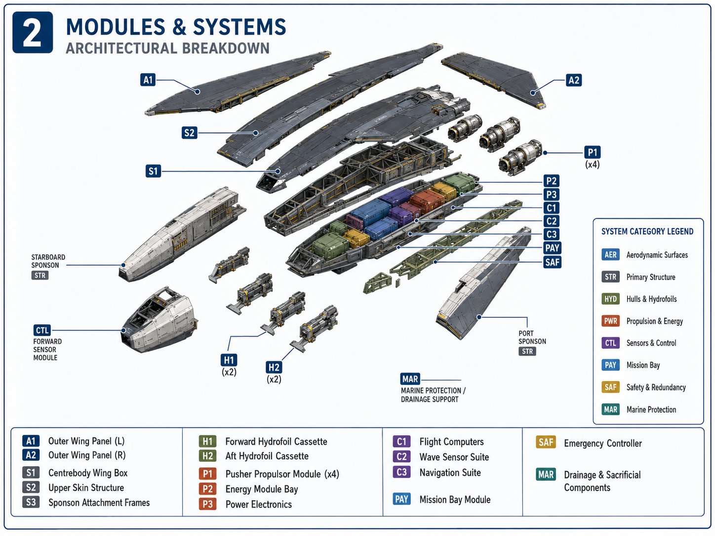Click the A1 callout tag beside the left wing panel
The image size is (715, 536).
pos(148,80)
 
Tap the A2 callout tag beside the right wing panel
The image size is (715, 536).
pos(573,80)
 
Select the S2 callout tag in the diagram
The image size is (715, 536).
pos(189,133)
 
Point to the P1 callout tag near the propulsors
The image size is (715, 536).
pos(592,153)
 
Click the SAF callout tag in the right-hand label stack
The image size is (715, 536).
pos(552,262)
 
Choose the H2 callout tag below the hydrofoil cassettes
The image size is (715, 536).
pos(274,367)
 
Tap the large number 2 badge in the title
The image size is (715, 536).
pos(33,33)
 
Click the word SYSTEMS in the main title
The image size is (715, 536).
pos(239,27)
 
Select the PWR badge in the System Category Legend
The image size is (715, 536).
pos(610,321)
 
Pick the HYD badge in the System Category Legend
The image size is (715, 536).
pos(610,299)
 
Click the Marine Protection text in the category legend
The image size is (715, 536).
pos(651,410)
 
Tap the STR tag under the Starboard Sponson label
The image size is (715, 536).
pos(40,275)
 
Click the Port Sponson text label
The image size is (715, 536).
pos(532,338)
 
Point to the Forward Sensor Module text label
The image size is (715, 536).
pos(47,349)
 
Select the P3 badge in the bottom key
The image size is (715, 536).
pos(207,504)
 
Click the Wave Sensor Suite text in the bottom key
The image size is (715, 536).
pos(454,457)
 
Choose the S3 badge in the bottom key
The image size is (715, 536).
pos(31,502)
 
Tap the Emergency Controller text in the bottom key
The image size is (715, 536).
pos(602,443)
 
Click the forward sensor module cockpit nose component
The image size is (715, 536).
pos(159,320)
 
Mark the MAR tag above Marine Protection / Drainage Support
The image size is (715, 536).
pos(410,379)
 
